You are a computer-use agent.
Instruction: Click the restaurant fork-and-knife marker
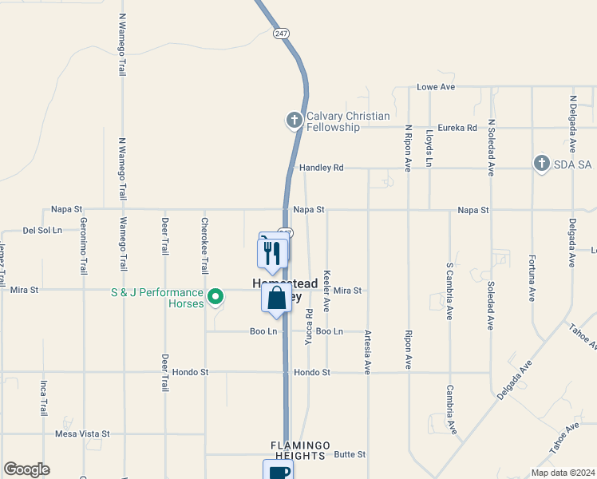[272, 254]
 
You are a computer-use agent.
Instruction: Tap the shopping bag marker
[276, 299]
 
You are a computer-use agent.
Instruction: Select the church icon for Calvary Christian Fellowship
[294, 121]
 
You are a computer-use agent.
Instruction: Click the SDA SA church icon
[541, 164]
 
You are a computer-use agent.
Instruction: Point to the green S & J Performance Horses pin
[215, 298]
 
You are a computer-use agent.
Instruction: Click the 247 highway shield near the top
[279, 34]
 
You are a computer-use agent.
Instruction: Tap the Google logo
[26, 469]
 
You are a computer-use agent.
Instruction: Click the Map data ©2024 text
[562, 473]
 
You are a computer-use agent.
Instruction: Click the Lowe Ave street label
[436, 86]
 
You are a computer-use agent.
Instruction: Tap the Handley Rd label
[321, 168]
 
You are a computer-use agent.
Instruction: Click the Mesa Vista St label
[82, 433]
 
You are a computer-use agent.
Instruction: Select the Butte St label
[350, 454]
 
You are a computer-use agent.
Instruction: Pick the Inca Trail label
[44, 398]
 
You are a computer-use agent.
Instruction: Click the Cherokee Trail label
[205, 246]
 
